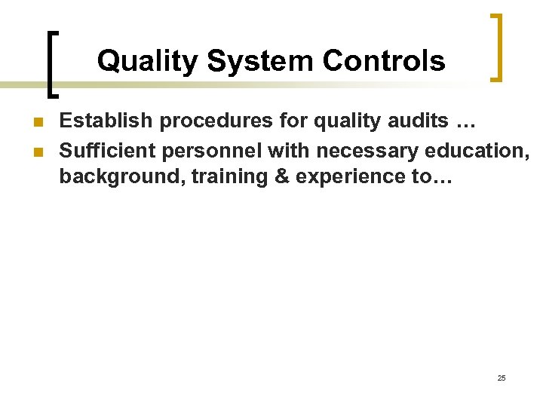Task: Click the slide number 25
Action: click(502, 377)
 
